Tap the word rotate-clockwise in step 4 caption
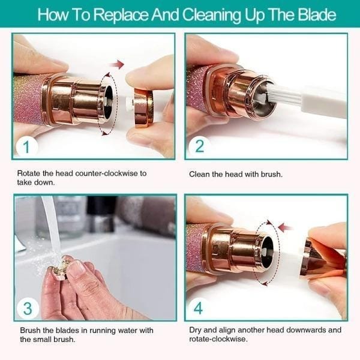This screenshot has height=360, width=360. (x=217, y=340)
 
